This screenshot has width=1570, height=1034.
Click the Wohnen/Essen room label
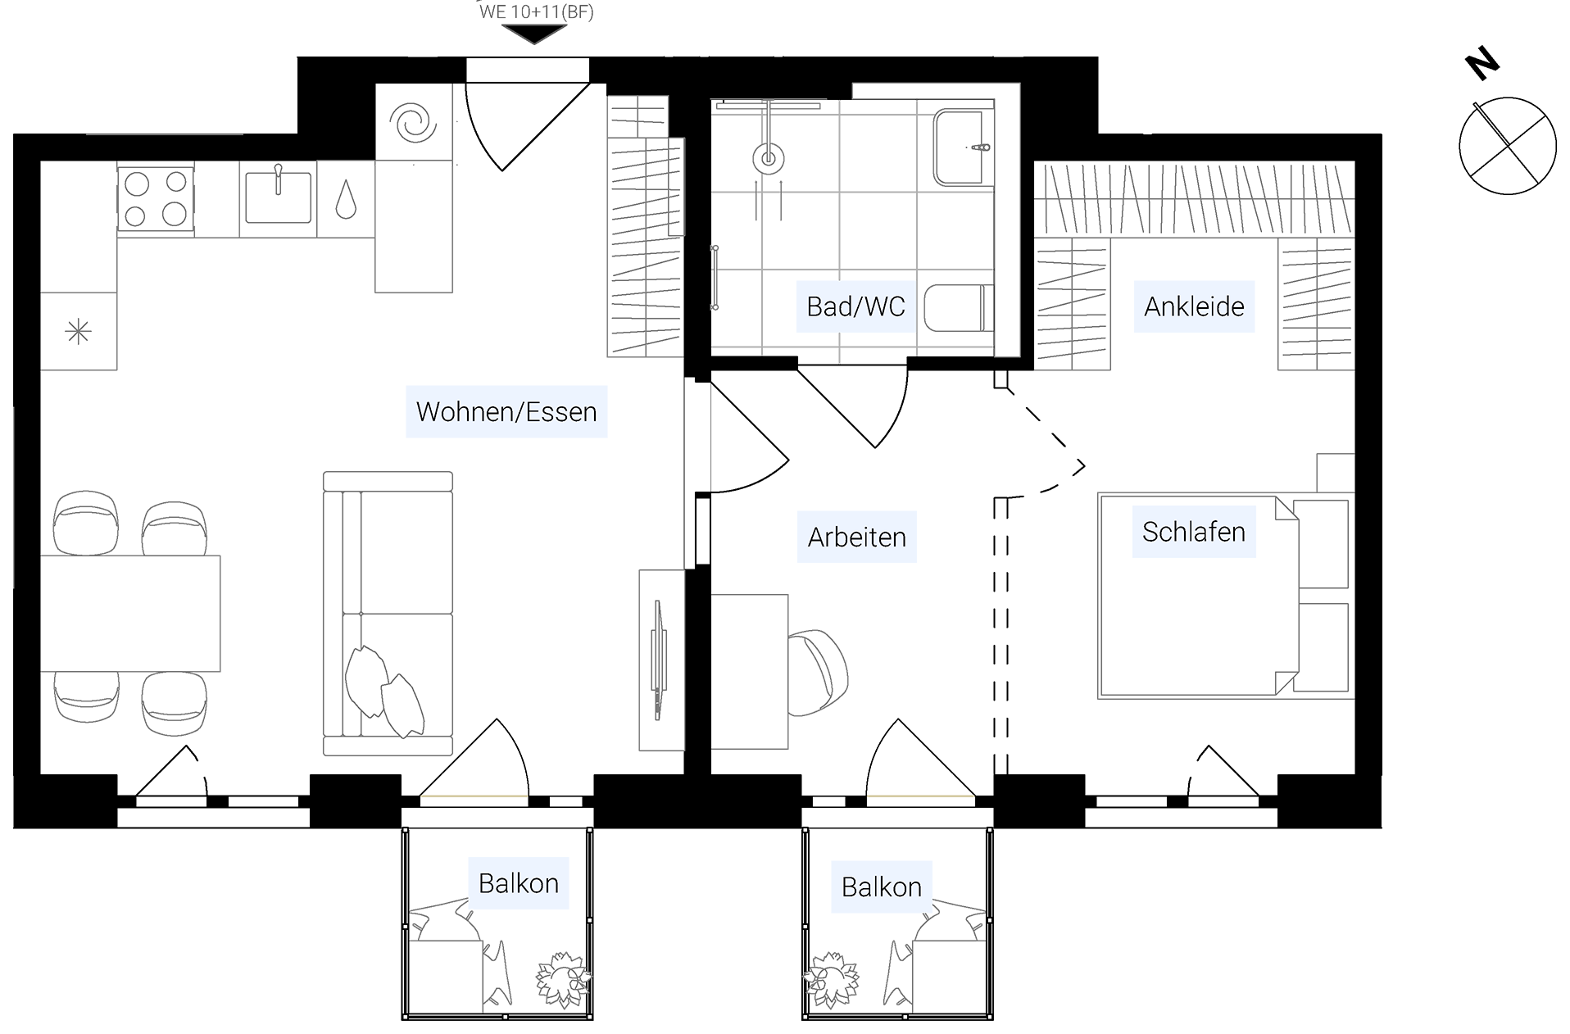click(506, 411)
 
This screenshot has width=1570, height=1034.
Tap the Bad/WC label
click(855, 306)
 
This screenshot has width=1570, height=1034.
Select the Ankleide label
click(1194, 306)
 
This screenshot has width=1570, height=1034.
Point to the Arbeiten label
click(857, 537)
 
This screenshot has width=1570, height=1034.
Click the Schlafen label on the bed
click(1194, 532)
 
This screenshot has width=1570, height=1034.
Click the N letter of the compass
click(1482, 64)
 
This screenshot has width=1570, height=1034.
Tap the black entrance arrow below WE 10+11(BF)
click(534, 34)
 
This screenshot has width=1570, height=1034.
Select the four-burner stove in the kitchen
click(156, 199)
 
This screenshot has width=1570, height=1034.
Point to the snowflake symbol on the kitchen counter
click(78, 332)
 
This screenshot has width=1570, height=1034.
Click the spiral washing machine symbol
click(414, 123)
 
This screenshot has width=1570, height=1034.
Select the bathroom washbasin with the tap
click(964, 147)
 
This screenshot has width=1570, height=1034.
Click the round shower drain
click(768, 158)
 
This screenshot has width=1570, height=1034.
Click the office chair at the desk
click(818, 672)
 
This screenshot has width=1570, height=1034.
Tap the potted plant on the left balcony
click(563, 979)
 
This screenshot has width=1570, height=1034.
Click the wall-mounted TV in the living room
click(657, 660)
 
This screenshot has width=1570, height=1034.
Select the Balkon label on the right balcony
click(882, 887)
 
